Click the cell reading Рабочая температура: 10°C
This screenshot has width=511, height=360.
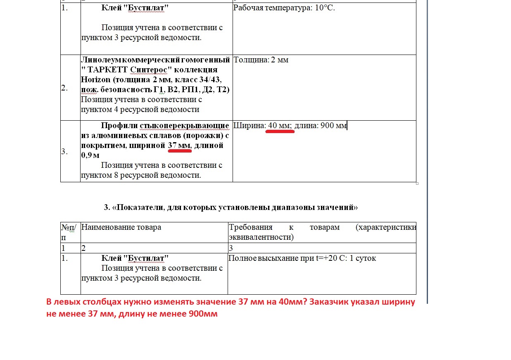(x=284, y=8)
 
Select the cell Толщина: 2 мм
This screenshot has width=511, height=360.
(x=261, y=60)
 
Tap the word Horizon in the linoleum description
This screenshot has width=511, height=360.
(x=96, y=80)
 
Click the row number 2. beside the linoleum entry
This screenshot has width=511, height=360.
(x=64, y=88)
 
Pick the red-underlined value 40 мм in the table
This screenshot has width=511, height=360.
(x=280, y=126)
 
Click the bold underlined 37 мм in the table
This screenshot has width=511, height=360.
(x=179, y=145)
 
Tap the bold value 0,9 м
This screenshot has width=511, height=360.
(x=90, y=155)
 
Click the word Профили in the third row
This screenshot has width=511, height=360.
(x=119, y=126)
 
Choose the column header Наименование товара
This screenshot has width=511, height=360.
(x=121, y=227)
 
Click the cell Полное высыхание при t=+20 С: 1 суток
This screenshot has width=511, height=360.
(x=302, y=258)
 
